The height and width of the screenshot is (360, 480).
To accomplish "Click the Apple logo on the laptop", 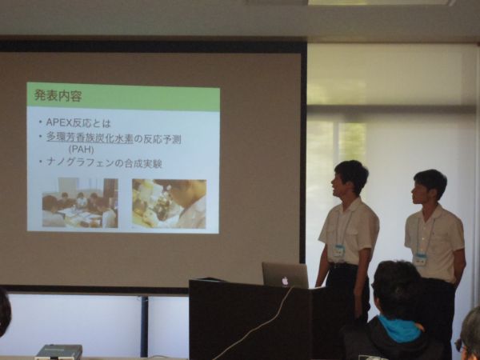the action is [285, 281].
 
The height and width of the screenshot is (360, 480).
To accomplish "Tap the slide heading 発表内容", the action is [58, 96].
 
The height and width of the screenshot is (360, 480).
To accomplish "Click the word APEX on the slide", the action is [58, 122].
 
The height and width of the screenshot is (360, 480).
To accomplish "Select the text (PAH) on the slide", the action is [81, 150].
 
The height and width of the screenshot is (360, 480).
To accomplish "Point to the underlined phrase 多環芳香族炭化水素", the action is [90, 138].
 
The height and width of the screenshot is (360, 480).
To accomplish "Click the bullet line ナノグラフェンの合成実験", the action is [104, 162].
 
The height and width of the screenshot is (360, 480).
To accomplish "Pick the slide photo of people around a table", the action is [80, 203].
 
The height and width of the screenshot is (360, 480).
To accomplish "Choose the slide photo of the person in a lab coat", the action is [169, 204].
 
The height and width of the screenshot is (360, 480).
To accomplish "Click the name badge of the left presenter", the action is [338, 251].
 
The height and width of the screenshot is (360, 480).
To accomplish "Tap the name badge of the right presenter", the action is [421, 259].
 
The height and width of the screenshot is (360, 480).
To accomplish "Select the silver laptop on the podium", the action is [286, 275].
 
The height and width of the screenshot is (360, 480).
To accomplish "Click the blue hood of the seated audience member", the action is [401, 329].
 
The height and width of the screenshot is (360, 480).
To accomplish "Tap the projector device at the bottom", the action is [58, 352].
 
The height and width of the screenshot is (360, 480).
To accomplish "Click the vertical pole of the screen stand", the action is [144, 326].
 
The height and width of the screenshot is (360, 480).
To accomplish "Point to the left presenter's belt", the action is [343, 266].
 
